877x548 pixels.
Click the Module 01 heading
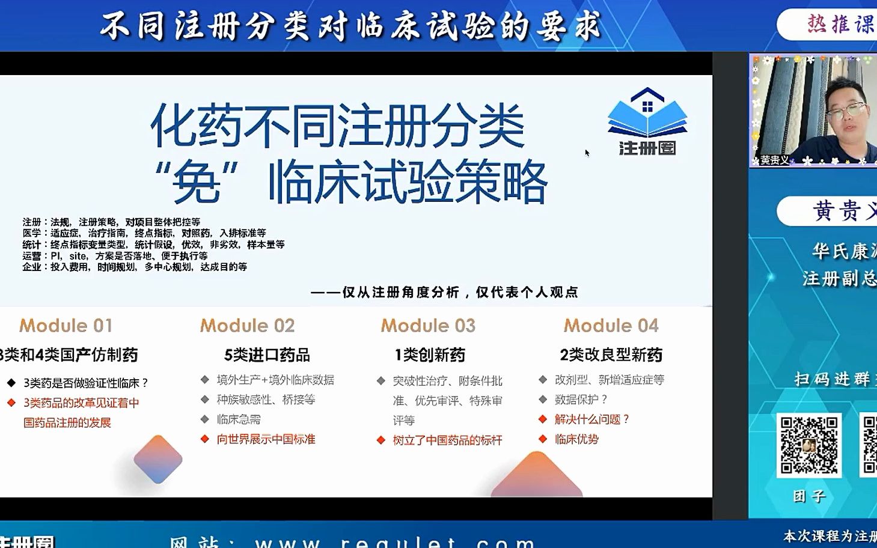coord(66,326)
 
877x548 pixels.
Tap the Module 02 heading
coord(247,326)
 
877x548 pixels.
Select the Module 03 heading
coord(428,326)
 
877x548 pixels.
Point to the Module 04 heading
coord(611,326)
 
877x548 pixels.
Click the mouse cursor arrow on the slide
coord(587,153)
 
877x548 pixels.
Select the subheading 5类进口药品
coord(267,355)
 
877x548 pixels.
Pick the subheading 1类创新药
coord(430,355)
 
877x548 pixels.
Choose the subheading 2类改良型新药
coord(611,355)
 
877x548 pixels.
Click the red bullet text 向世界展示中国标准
coord(266,439)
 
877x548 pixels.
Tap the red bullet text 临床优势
coord(576,439)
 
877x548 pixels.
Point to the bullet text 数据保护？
coord(581,400)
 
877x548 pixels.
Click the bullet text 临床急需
coord(239,419)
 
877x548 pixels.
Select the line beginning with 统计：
coord(153,245)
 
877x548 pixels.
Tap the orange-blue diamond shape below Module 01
coord(157,460)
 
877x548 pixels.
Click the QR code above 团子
coord(808,445)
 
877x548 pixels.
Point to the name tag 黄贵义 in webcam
coord(774,160)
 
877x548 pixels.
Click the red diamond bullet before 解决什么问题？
coord(543,419)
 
